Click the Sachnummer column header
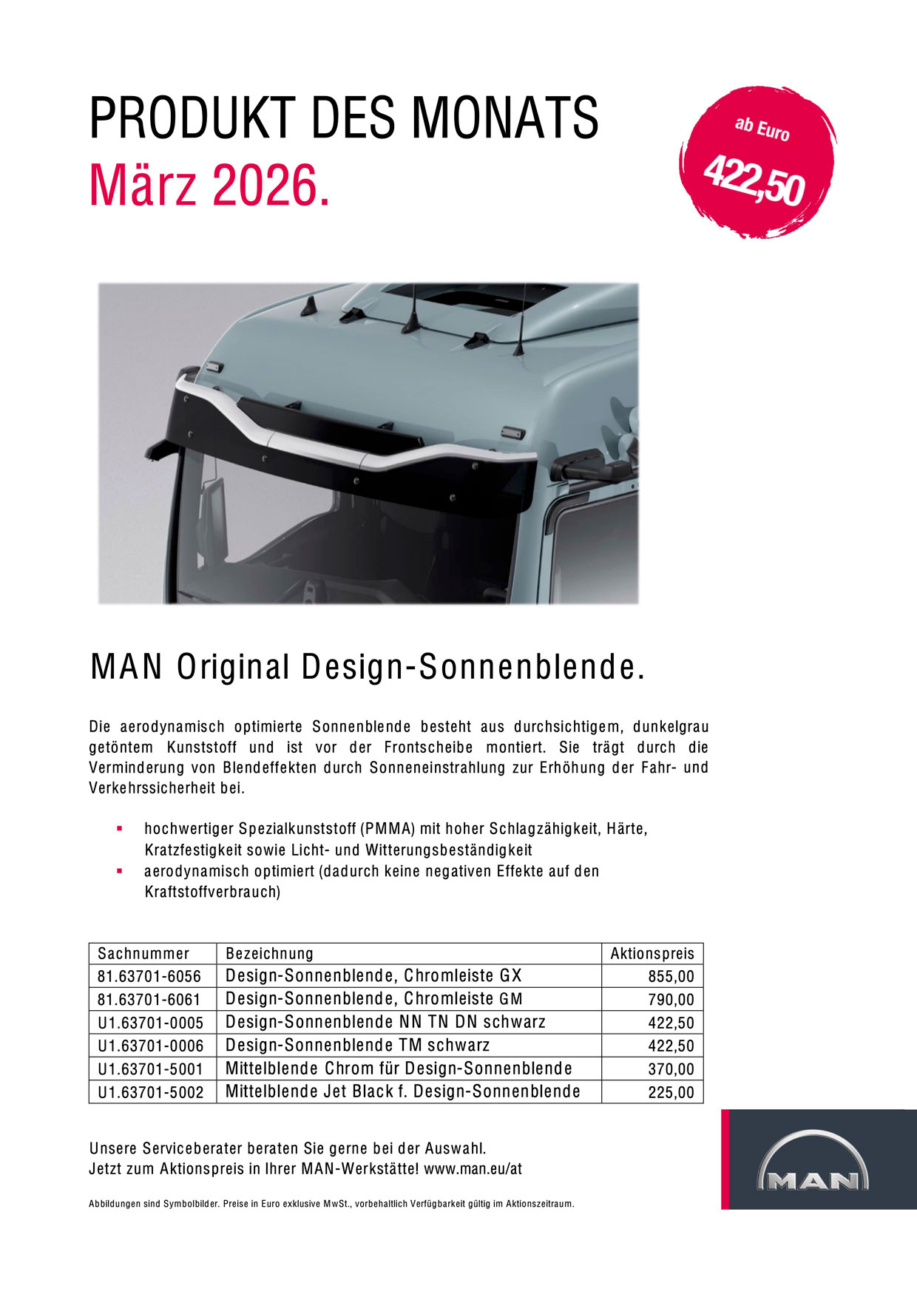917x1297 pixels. coord(143,954)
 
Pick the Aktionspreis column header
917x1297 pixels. coord(652,954)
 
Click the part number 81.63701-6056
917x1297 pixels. coord(149,977)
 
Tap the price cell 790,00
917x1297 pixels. coord(671,1000)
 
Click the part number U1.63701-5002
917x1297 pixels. coord(151,1092)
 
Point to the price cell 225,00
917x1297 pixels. coord(671,1092)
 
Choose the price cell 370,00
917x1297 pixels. coord(671,1069)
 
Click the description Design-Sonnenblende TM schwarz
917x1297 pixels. coord(358,1046)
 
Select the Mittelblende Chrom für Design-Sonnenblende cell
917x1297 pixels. coord(399,1069)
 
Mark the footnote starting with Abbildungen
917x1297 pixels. coord(331,1204)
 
